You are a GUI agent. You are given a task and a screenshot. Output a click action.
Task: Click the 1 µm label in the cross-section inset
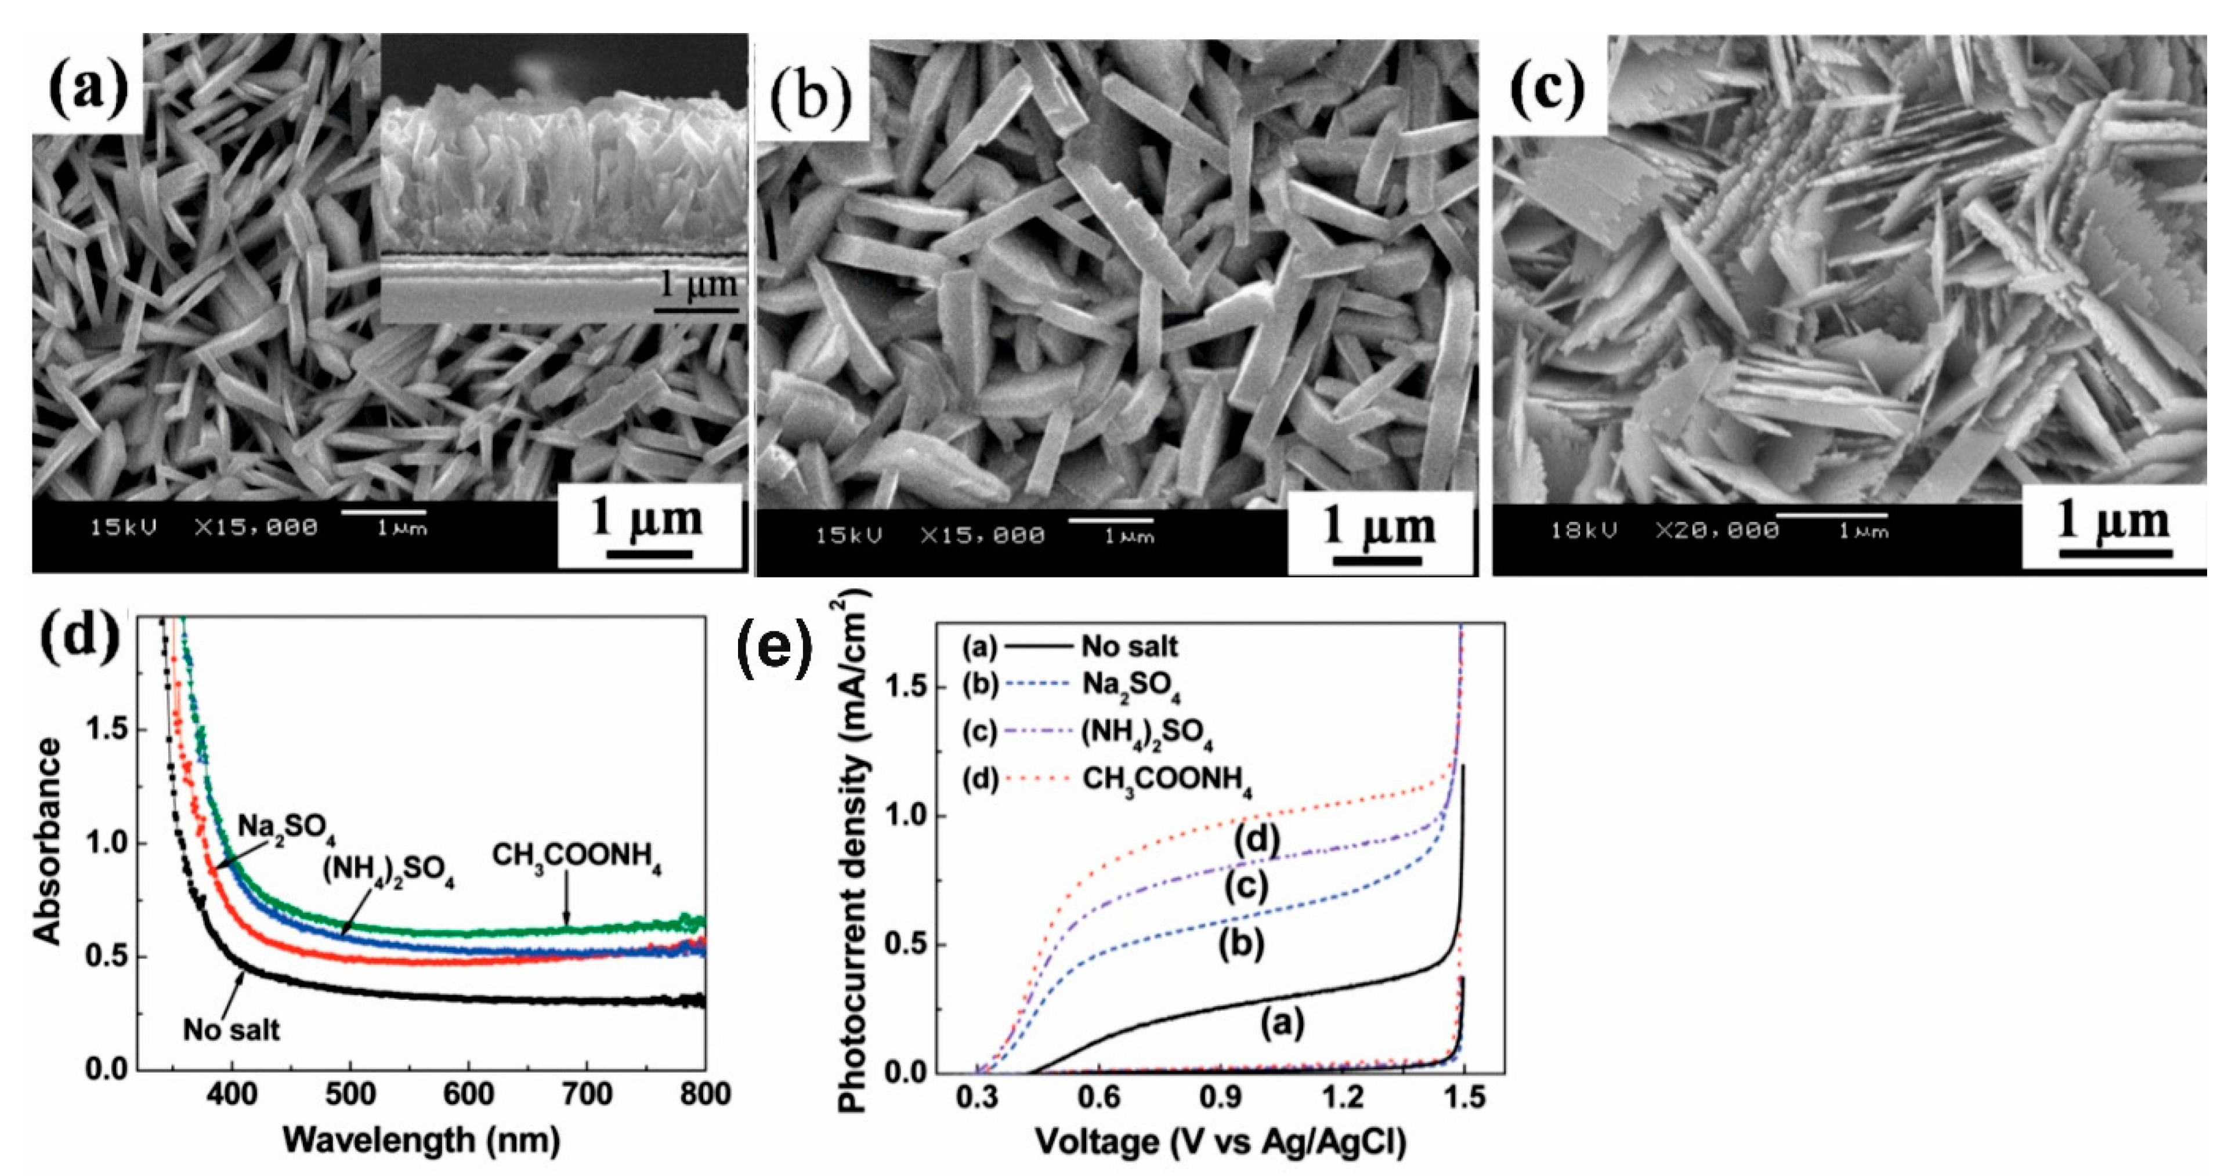[x=699, y=285]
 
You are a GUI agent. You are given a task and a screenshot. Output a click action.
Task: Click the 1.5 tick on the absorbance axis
[x=107, y=730]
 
